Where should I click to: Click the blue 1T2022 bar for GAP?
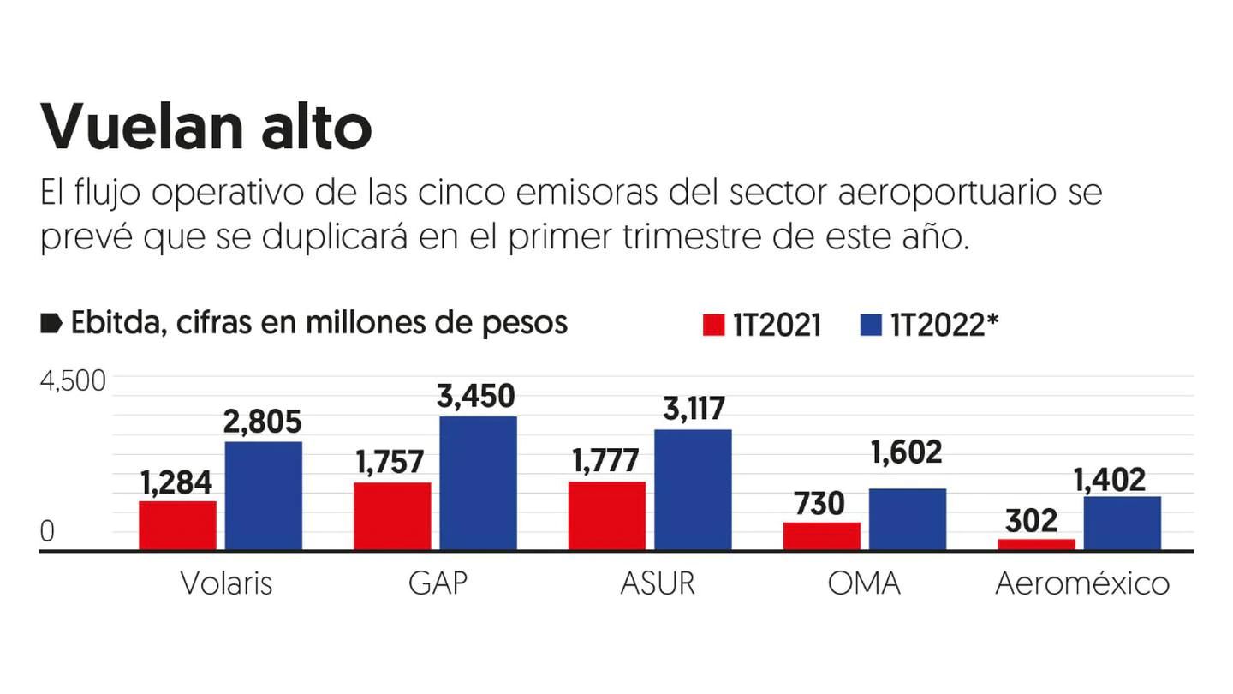tap(478, 482)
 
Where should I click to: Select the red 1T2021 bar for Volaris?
tap(177, 524)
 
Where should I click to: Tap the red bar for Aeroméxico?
tap(1036, 544)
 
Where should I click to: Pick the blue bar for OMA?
tap(907, 518)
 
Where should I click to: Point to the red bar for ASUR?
tap(607, 515)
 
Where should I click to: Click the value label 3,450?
tap(478, 397)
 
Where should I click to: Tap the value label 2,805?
tap(263, 422)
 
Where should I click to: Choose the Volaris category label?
tap(226, 583)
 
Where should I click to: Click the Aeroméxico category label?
tap(1082, 583)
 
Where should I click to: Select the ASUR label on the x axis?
tap(658, 583)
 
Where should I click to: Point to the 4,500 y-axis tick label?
tap(73, 380)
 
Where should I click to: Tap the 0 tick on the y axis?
tap(47, 532)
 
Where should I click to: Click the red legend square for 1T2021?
tap(713, 326)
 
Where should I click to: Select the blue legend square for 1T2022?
tap(870, 326)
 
